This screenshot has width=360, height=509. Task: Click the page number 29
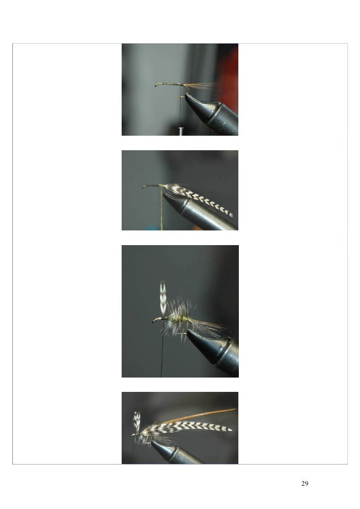pos(305,483)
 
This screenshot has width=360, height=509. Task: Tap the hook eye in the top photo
pos(157,85)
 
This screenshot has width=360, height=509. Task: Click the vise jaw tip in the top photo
pos(187,96)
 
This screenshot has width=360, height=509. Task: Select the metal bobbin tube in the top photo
pos(180,131)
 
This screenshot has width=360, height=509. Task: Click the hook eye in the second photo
pos(144,187)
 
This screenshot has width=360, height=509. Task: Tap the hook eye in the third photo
pos(154,321)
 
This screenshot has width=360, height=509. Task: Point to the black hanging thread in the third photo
pos(162,350)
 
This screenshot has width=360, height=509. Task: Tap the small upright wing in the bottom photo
pos(137,421)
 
